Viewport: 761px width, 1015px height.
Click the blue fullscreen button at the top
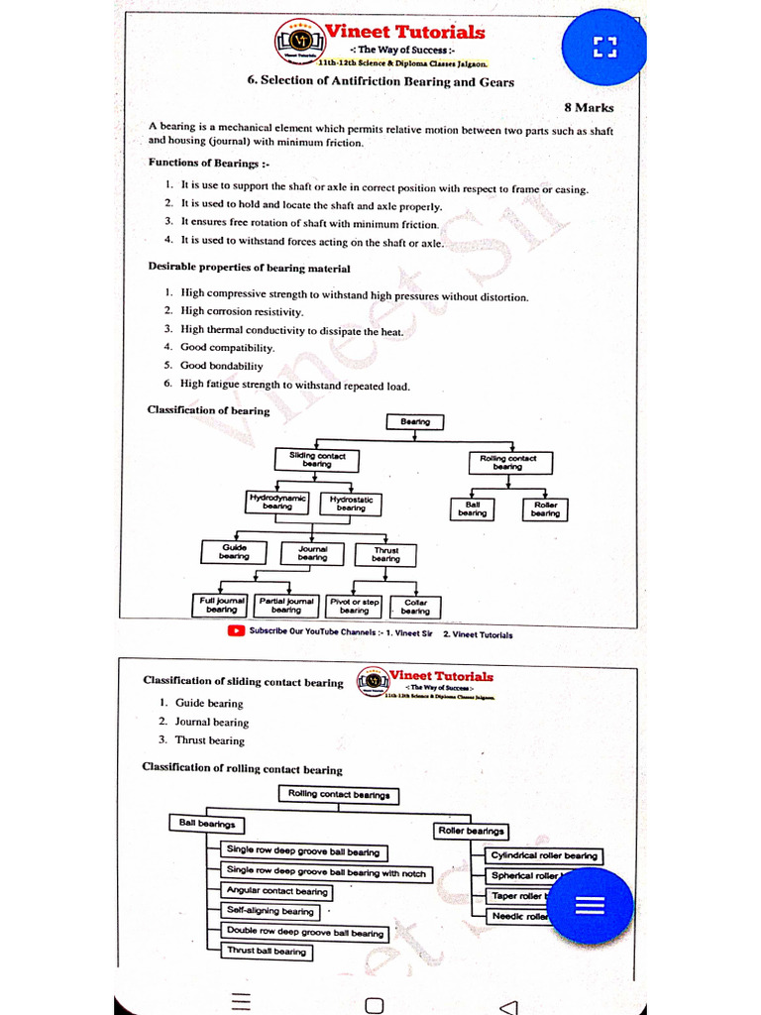point(603,46)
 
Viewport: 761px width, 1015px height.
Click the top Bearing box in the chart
point(415,422)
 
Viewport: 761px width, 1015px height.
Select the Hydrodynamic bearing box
point(277,503)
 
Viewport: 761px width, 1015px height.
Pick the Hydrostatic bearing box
point(351,504)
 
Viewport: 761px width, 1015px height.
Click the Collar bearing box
point(415,607)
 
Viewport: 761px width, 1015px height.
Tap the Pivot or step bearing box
point(354,606)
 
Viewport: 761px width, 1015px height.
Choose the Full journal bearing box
point(221,605)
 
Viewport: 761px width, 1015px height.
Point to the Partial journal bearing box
point(286,605)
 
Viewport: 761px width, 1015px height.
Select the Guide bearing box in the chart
point(234,552)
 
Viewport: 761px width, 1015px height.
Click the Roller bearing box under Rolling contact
point(545,508)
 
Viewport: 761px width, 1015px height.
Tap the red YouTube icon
point(236,630)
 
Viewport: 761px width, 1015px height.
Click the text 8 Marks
point(589,108)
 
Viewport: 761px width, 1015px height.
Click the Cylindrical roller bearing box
point(544,855)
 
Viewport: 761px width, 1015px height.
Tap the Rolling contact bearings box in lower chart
point(339,794)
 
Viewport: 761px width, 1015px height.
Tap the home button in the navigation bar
point(374,1005)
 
